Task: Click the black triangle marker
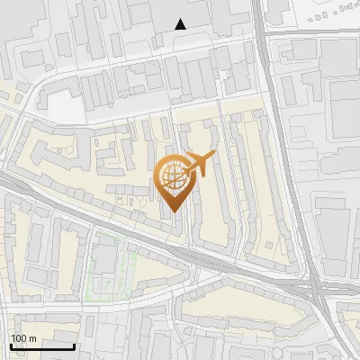[181, 23]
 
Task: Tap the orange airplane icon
[198, 165]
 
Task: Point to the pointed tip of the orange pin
[173, 210]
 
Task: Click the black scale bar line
[42, 346]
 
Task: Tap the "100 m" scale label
[24, 338]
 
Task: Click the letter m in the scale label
[33, 338]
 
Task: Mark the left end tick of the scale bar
[11, 345]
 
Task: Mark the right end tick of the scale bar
[74, 345]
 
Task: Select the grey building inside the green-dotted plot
[105, 261]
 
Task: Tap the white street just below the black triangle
[180, 40]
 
